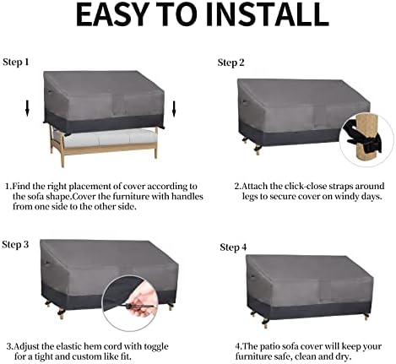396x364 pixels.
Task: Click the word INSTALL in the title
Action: point(268,14)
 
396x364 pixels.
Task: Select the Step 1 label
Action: point(16,62)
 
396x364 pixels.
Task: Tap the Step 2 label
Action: point(231,62)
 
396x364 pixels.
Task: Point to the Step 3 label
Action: point(15,245)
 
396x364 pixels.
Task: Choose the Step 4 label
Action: point(233,247)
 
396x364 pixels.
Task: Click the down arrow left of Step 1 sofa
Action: point(27,108)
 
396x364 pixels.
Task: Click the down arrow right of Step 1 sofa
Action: point(174,109)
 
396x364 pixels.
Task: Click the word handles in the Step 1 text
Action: point(187,196)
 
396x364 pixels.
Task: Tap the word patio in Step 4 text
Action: point(269,346)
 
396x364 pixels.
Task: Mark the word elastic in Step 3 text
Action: point(67,346)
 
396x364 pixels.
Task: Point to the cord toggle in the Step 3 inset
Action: point(133,307)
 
